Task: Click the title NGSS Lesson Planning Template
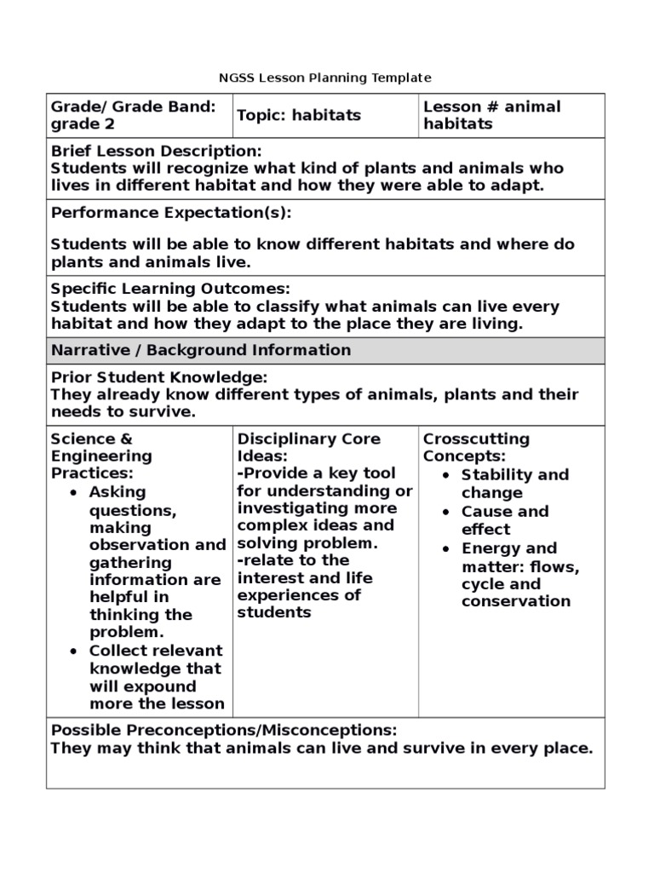point(327,77)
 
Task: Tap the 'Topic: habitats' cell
point(298,115)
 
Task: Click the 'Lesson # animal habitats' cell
point(491,115)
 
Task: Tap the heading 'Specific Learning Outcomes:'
point(170,289)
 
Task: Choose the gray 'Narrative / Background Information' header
point(200,350)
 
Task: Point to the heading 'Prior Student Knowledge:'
point(159,376)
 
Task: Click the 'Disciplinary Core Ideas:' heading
point(308,447)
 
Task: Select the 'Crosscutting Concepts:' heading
point(476,447)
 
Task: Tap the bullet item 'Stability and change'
point(514,484)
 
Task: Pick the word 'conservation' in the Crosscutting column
point(515,601)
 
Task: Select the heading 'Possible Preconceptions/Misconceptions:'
point(224,731)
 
